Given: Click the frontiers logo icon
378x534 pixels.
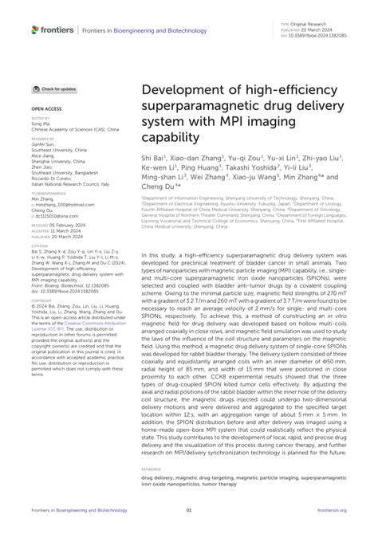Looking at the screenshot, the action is (x=35, y=29).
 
